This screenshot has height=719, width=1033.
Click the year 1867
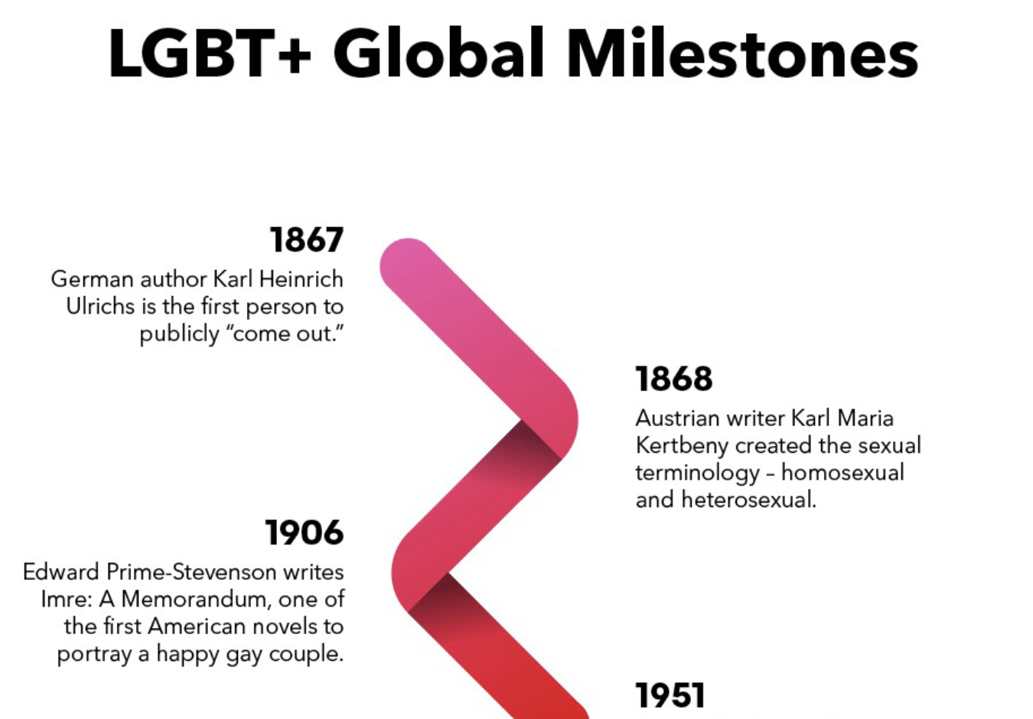point(307,239)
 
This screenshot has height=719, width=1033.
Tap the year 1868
point(674,379)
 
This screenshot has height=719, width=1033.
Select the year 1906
point(305,532)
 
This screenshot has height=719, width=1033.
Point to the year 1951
point(670,695)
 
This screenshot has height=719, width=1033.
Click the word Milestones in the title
point(742,54)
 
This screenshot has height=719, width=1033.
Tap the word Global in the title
point(438,54)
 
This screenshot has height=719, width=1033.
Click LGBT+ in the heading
point(210,54)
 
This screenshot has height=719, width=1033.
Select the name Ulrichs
point(100,306)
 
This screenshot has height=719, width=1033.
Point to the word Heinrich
point(301,279)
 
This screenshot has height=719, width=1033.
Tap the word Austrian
point(677,418)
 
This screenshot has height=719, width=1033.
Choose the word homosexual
point(842,473)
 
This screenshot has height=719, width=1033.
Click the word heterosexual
point(749,499)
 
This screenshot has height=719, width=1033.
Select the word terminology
point(697,473)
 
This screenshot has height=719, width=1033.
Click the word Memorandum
point(196,599)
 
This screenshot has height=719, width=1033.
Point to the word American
point(200,626)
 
